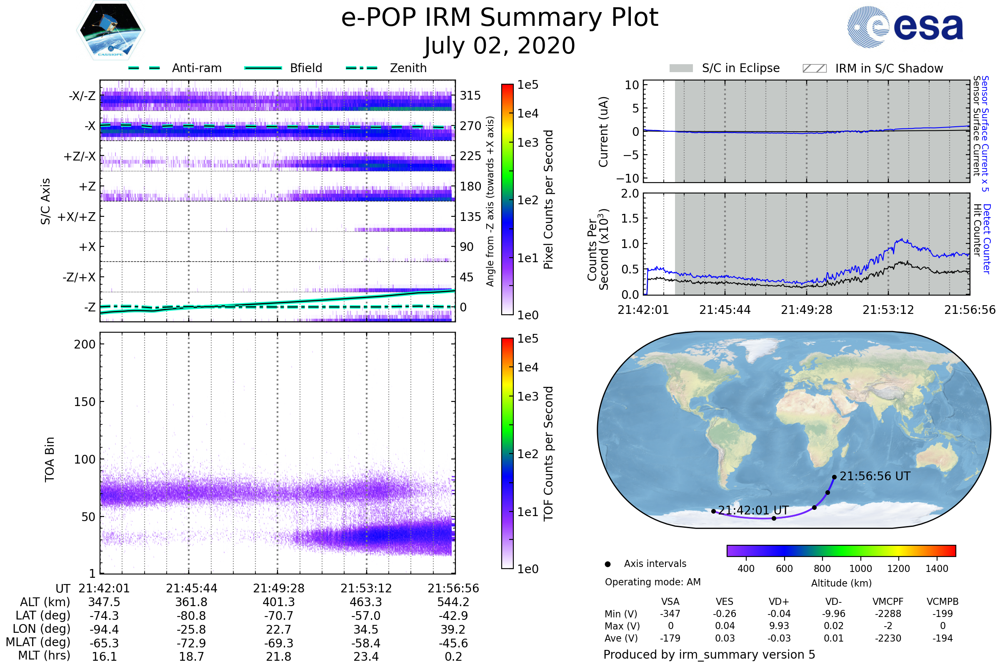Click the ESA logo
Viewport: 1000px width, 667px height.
[905, 26]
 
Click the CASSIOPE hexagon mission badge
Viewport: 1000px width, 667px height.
[110, 30]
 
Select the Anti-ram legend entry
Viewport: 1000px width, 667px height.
[175, 68]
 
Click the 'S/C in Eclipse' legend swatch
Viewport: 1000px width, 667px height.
[681, 68]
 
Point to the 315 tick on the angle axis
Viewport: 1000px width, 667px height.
[470, 95]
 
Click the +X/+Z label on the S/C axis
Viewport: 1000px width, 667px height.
[77, 217]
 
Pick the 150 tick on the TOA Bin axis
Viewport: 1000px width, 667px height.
[85, 402]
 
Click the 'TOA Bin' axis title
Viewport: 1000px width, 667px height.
[49, 459]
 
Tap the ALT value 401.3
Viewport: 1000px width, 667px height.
[278, 602]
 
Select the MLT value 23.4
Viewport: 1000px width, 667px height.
[366, 656]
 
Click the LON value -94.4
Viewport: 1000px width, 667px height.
[104, 629]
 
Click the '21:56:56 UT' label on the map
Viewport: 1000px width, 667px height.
[875, 476]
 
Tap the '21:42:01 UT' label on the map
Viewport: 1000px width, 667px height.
[753, 510]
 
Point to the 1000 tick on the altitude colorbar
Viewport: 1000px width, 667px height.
[860, 569]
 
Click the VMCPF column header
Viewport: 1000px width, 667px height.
[888, 602]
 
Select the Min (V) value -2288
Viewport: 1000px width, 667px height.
[888, 614]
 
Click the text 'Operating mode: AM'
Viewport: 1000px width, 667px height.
[652, 582]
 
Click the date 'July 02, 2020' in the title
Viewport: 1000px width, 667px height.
[500, 46]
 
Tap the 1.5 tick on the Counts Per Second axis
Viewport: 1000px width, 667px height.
[630, 218]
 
